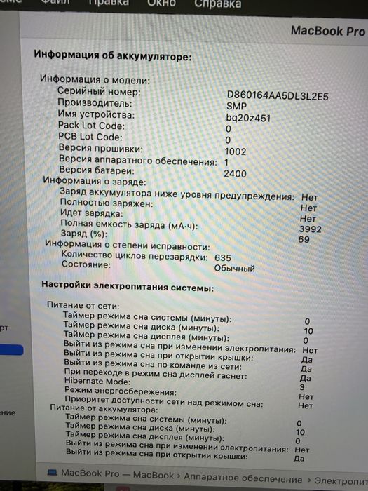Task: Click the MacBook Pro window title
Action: click(327, 31)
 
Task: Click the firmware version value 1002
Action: click(236, 151)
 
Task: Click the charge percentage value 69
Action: click(304, 240)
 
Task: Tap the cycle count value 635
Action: click(222, 257)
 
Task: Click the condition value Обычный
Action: click(235, 268)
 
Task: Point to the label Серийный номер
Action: click(99, 91)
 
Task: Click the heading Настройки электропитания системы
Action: click(128, 287)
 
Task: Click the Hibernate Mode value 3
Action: click(301, 387)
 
